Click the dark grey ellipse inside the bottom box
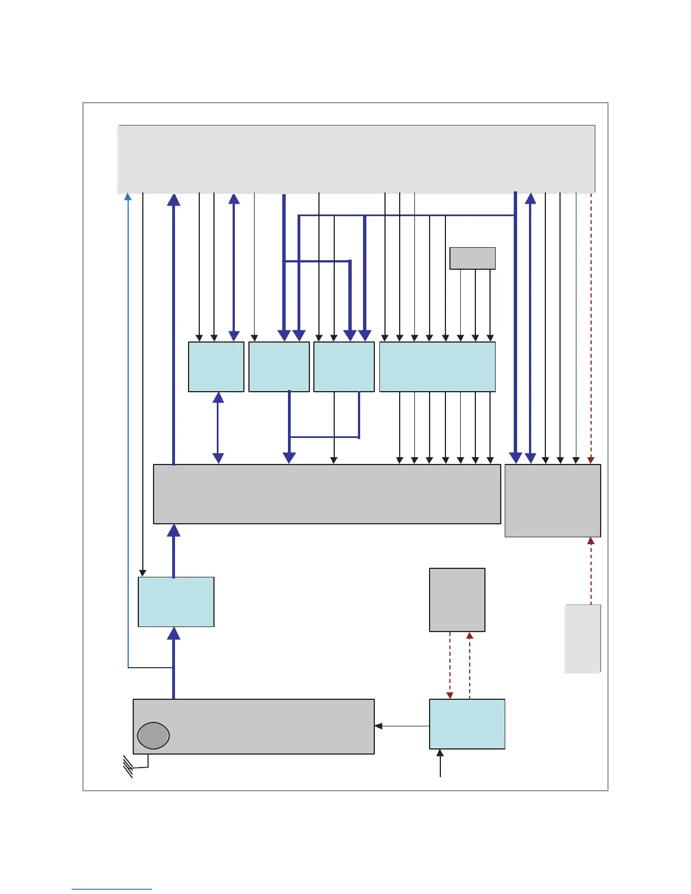[153, 735]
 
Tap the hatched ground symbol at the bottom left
[128, 767]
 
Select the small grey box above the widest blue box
[473, 258]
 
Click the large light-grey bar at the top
[356, 159]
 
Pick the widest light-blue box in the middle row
[437, 366]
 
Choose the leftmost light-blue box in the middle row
[216, 366]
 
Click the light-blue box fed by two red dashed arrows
[467, 724]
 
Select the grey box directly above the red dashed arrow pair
[457, 599]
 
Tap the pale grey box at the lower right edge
[583, 638]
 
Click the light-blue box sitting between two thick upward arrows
[176, 602]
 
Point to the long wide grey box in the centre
[327, 494]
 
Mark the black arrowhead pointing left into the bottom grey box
[378, 726]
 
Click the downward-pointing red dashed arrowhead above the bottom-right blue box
[450, 695]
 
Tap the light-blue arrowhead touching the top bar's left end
[128, 196]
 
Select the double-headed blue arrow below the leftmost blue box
[218, 428]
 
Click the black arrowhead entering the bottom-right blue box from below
[440, 753]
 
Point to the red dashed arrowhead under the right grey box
[591, 541]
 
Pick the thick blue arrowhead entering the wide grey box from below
[174, 530]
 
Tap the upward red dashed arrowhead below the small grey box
[470, 636]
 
